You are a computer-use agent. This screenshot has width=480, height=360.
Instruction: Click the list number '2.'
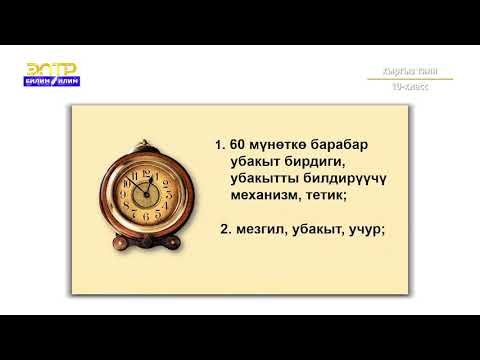click(x=225, y=229)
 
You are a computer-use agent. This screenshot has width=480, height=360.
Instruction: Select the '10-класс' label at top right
click(x=410, y=87)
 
